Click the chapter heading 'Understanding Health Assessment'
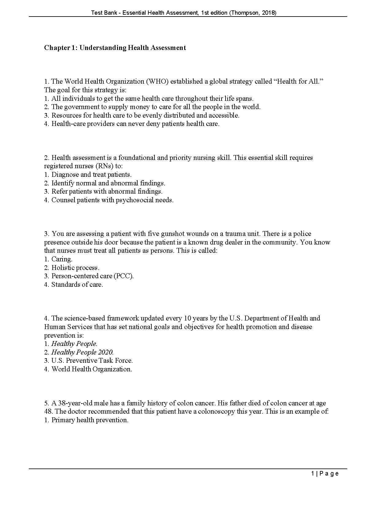point(132,48)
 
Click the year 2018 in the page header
point(269,13)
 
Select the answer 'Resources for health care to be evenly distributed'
point(145,116)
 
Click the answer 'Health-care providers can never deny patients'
point(135,124)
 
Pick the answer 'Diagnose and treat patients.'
point(91,175)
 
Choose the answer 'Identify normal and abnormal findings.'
point(108,183)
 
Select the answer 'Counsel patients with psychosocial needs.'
point(112,200)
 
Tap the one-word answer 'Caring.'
point(62,259)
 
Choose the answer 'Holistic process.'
point(75,268)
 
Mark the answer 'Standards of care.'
point(77,285)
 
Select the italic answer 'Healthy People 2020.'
point(82,352)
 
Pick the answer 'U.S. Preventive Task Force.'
point(92,361)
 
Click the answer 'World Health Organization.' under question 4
point(92,369)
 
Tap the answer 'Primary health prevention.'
point(90,420)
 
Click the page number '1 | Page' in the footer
point(325,474)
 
